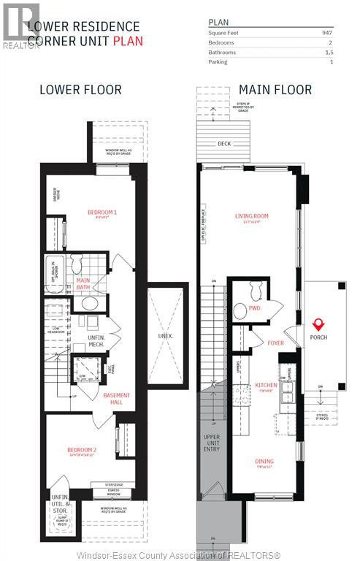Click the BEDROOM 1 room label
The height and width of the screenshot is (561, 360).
pyautogui.click(x=102, y=212)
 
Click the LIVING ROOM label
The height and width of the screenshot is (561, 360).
pyautogui.click(x=252, y=215)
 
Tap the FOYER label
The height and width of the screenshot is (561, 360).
pyautogui.click(x=275, y=342)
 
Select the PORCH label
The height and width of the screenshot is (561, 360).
pyautogui.click(x=318, y=337)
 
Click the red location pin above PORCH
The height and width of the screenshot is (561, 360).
pyautogui.click(x=318, y=324)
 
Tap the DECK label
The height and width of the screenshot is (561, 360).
pyautogui.click(x=225, y=144)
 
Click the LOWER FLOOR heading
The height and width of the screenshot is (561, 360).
pyautogui.click(x=81, y=90)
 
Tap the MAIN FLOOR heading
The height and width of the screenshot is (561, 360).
pyautogui.click(x=275, y=90)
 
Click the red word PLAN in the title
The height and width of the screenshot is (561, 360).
pyautogui.click(x=128, y=41)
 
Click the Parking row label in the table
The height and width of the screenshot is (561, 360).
pyautogui.click(x=218, y=62)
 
